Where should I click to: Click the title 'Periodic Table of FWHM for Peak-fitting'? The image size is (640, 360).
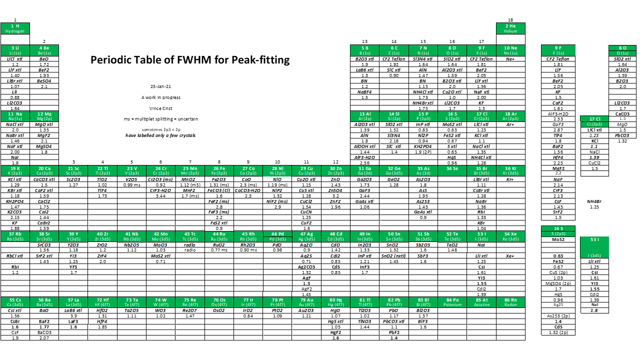(190, 60)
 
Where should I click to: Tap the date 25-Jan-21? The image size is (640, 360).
(161, 86)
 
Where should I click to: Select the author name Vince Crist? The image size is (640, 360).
(161, 108)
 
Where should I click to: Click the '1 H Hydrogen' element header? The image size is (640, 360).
(15, 28)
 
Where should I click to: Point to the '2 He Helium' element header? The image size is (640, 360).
(510, 28)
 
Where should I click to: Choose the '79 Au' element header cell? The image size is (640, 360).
(307, 302)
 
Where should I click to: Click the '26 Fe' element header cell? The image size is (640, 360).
(219, 170)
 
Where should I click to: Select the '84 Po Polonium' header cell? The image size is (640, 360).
(452, 302)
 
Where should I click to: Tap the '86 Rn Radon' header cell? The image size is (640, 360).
(510, 302)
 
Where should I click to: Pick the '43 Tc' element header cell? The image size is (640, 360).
(190, 236)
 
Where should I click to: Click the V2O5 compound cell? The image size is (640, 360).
(131, 179)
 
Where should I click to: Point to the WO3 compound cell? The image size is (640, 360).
(160, 310)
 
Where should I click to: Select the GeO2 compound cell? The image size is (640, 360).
(393, 179)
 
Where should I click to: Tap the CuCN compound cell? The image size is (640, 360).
(306, 212)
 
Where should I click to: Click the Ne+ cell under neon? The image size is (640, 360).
(510, 59)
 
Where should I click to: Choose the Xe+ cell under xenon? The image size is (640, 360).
(510, 256)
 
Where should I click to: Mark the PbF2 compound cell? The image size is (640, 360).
(394, 332)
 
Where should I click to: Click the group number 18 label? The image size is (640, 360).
(510, 20)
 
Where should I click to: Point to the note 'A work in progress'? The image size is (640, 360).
(161, 97)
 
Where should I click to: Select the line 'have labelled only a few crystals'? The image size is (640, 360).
(161, 135)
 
